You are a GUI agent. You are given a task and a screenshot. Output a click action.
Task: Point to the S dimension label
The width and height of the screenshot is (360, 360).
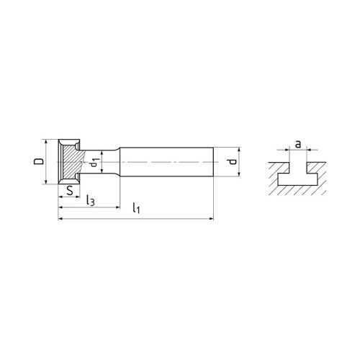[x=68, y=191]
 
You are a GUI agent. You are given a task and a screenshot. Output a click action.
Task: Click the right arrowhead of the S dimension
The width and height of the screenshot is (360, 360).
[x=76, y=197]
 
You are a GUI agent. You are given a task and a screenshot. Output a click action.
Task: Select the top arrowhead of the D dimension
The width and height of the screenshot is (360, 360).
[x=47, y=142]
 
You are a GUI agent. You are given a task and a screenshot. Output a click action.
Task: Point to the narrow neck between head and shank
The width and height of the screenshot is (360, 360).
[x=109, y=163]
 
